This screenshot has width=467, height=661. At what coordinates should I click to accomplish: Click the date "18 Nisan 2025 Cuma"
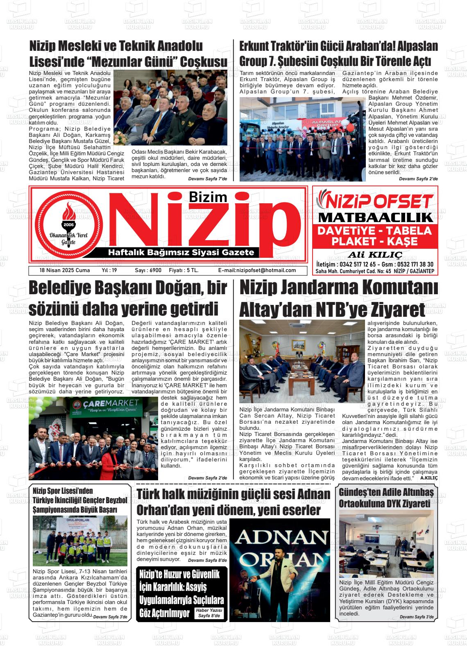(59, 270)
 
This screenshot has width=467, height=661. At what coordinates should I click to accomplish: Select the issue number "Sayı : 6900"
(148, 270)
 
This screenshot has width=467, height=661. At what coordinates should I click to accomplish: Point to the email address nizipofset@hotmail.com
(257, 270)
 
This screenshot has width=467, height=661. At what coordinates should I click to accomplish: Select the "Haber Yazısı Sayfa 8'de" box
(209, 613)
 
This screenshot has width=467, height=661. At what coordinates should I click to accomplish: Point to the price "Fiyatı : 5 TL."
(184, 270)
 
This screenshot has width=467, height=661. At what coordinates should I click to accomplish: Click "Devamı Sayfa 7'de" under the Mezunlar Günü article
(207, 179)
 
